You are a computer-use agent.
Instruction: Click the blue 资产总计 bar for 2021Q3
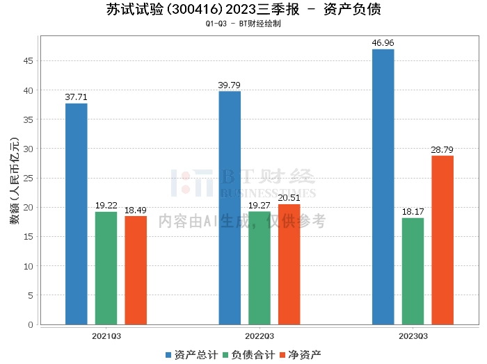[76, 214]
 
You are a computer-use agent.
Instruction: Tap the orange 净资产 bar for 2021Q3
[136, 270]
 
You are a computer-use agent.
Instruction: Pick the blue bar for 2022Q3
[230, 208]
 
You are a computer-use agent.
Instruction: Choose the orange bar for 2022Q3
[289, 265]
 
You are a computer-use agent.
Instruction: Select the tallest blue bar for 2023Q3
[383, 187]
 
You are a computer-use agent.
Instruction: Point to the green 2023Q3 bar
[413, 271]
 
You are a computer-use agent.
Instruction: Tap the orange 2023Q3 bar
[442, 240]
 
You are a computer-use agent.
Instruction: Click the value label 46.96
[383, 43]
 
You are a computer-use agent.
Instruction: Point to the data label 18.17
[413, 212]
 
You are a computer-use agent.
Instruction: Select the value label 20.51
[289, 198]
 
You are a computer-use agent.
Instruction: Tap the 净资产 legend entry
[300, 355]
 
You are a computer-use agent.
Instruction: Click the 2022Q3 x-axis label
[260, 336]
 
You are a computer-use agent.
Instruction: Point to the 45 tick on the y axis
[29, 61]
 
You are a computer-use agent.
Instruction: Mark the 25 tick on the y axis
[29, 179]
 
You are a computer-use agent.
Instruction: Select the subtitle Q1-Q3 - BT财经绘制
[243, 24]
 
